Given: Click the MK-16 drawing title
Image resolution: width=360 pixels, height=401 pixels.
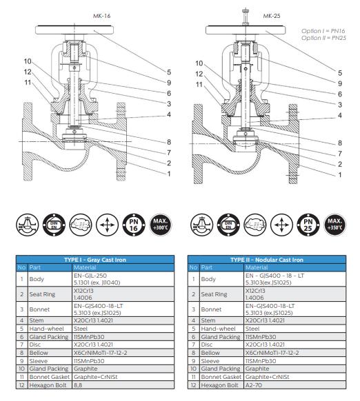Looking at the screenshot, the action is pos(101,16).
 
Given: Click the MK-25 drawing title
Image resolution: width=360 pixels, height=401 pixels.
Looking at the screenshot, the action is pos(272,16).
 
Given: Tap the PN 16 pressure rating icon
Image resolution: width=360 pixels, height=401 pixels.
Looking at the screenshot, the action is pos(134,225).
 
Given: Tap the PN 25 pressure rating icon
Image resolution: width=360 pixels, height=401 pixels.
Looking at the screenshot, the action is pos(308,225).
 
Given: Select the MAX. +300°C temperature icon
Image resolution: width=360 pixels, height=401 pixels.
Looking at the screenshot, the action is pos(161,225).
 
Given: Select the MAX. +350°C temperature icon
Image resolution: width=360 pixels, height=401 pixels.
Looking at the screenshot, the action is pos(335,225).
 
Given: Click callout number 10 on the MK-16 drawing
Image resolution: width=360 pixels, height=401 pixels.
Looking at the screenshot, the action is pos(28,61).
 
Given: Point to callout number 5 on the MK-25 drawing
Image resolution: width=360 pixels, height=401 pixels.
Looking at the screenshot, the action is pos(340,73).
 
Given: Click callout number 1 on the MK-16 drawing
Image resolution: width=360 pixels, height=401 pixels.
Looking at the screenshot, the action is pos(169,174).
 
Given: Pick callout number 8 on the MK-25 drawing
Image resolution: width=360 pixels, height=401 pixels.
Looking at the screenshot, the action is pos(340,143).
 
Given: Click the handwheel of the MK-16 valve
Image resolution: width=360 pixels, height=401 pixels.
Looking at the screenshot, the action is pos(74,30).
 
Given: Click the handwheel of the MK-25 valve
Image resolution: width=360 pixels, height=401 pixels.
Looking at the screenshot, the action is pos(246,30).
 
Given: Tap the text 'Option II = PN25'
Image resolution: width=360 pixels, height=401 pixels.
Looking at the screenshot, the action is pos(323,38).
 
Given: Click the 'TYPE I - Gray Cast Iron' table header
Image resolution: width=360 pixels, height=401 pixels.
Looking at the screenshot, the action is pos(95,260).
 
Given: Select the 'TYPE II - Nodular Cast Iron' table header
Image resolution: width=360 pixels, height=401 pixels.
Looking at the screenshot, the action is pos(267,260).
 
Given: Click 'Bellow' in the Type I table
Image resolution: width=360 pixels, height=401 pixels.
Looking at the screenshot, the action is pos(39,353).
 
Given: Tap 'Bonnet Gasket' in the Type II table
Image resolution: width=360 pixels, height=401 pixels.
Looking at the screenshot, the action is pos(221,377).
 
